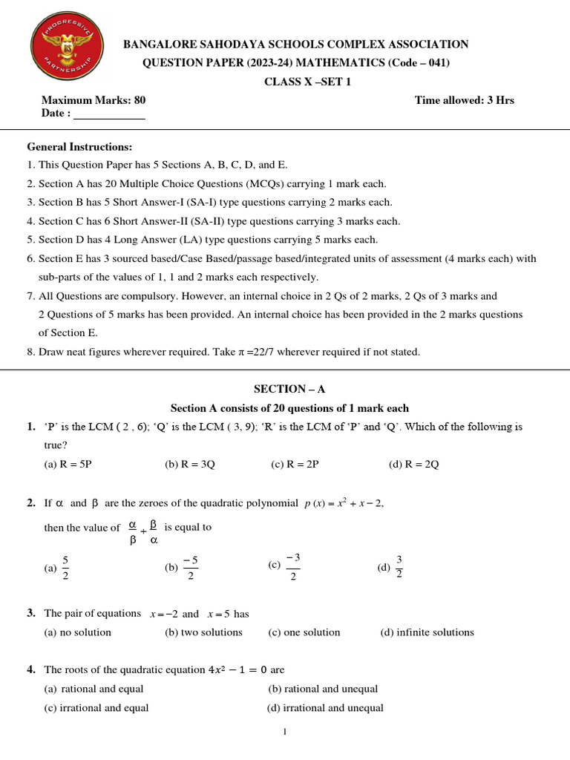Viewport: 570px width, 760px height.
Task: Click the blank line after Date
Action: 109,114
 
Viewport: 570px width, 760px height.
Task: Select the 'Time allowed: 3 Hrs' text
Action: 464,100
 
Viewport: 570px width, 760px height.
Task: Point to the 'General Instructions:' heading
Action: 79,147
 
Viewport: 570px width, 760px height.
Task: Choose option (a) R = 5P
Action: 68,465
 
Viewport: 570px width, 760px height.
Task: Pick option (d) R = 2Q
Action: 413,465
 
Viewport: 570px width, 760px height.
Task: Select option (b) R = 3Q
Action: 189,465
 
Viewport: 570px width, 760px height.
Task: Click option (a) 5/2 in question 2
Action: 59,568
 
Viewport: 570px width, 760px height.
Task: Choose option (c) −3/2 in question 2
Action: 284,566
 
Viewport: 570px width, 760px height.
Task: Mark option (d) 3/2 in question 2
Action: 391,568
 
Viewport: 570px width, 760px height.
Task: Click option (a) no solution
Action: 78,632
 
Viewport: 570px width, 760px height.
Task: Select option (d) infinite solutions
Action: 427,632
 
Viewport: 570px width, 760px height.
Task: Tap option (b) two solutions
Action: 203,632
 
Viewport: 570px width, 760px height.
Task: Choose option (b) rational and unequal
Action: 323,689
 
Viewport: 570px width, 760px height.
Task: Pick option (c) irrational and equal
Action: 96,708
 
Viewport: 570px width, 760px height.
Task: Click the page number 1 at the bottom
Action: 284,733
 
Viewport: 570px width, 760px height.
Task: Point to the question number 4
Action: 31,669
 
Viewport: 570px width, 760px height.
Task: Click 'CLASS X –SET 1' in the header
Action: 297,82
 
